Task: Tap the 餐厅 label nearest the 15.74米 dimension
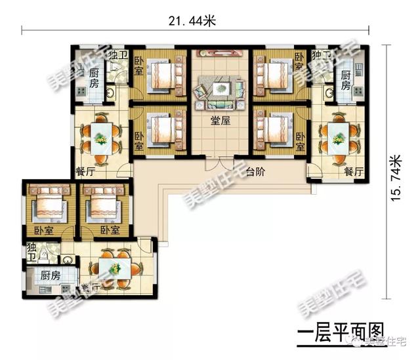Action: point(354,172)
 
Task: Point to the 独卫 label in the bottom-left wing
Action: point(31,252)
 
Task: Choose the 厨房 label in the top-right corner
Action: point(346,83)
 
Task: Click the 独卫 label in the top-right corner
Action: point(321,56)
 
